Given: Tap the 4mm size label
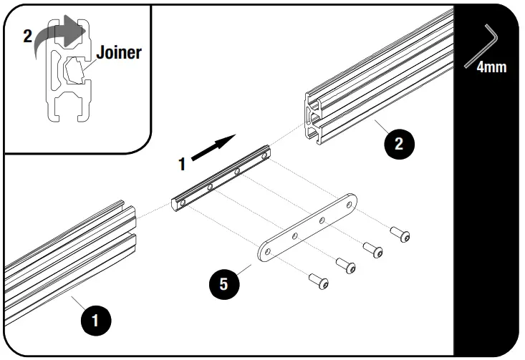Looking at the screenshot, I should tap(491, 67).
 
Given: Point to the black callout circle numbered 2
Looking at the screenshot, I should tap(399, 142).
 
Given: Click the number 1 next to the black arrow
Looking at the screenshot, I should tap(182, 164).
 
